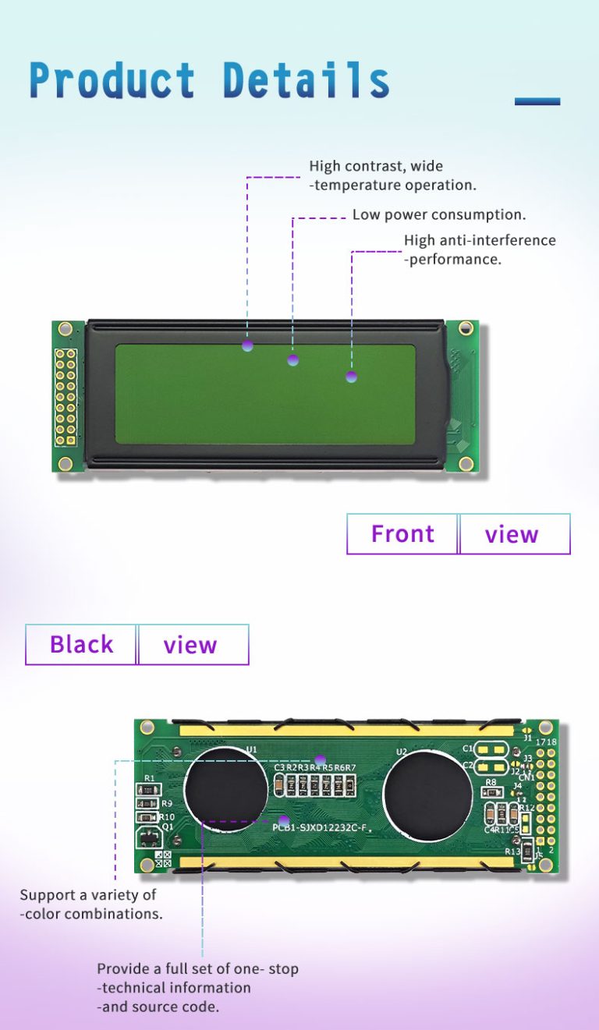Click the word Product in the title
click(112, 80)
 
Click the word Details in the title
click(306, 80)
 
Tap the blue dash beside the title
click(537, 101)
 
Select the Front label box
click(402, 534)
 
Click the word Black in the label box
click(81, 645)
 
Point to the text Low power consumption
click(438, 214)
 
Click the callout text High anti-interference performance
click(479, 250)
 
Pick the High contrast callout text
click(392, 175)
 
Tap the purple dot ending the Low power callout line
click(293, 359)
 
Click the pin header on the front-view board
click(66, 397)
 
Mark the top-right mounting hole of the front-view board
click(466, 329)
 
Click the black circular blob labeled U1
click(226, 788)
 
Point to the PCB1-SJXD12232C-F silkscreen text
click(319, 827)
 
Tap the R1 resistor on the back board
click(148, 790)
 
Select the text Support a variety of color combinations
click(91, 904)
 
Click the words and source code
click(158, 1007)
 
